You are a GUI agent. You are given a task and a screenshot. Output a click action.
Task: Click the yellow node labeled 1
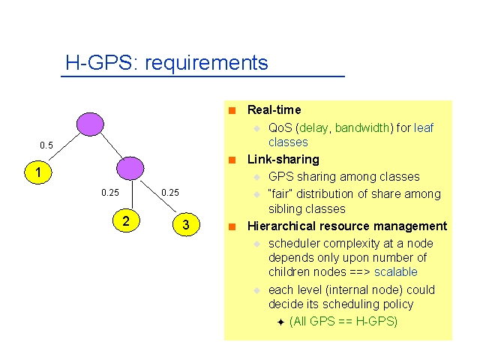click(38, 172)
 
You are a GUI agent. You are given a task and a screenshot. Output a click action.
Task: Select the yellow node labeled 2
click(126, 220)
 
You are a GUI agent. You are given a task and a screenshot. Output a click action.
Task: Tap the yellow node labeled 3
click(186, 224)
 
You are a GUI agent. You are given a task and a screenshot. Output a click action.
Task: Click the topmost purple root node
click(90, 124)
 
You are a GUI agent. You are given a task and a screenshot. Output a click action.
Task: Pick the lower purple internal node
click(130, 168)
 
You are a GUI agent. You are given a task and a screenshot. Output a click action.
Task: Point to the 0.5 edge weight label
click(46, 145)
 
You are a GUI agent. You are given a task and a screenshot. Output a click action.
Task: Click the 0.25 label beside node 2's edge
click(110, 193)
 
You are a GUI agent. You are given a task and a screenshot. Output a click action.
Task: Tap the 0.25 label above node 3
click(170, 193)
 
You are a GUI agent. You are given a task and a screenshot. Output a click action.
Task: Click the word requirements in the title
click(206, 62)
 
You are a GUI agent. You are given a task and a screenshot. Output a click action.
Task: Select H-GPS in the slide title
click(98, 62)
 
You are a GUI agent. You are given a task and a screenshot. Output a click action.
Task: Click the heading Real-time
click(274, 109)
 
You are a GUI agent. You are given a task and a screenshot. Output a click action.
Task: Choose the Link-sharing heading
click(283, 159)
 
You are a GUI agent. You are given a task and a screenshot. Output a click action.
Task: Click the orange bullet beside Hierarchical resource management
click(232, 226)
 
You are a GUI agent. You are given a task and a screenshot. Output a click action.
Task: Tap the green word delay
click(313, 127)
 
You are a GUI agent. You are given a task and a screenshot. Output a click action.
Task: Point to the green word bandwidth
click(362, 127)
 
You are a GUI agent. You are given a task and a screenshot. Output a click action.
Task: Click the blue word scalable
click(396, 271)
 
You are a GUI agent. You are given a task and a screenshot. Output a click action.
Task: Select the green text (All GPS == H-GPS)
click(343, 322)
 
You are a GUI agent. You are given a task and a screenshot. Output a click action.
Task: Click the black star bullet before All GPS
click(280, 322)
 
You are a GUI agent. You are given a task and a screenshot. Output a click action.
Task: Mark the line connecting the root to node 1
click(64, 147)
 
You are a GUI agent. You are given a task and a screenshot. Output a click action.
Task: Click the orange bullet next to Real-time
click(232, 110)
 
